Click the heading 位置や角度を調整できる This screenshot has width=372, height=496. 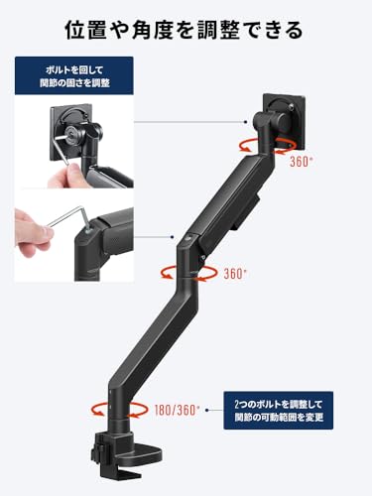point(184,30)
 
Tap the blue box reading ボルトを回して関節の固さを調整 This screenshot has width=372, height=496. point(74,75)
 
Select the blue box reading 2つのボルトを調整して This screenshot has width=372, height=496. point(279,411)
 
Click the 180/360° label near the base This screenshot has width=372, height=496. point(178,411)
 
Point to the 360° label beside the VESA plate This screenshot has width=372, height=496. point(302,162)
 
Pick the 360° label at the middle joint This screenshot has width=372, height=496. point(235,274)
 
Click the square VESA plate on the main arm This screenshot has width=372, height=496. point(284,121)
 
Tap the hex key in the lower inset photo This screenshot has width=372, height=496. point(68,216)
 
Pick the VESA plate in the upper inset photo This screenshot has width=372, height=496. point(71,132)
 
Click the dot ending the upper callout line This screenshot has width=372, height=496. point(245,122)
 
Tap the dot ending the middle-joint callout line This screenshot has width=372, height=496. point(172,237)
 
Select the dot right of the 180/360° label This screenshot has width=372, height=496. point(207,411)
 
